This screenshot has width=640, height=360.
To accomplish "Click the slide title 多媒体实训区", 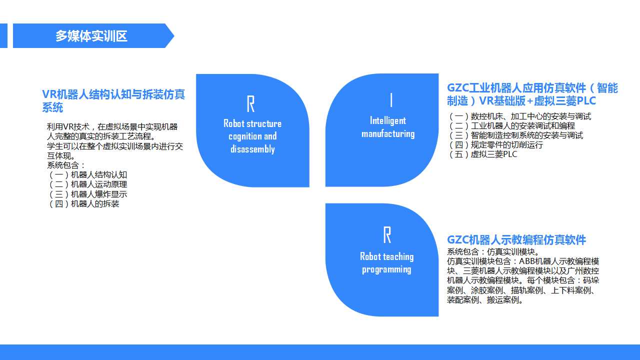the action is click(x=91, y=36).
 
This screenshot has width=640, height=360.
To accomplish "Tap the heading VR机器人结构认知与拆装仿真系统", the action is click(x=113, y=101).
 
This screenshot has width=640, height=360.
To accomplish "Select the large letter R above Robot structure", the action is click(x=250, y=103).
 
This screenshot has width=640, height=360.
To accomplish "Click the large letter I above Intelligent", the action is click(x=391, y=100).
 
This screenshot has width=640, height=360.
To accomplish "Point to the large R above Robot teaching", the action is click(x=387, y=235).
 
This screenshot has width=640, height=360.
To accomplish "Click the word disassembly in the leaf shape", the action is click(x=252, y=149).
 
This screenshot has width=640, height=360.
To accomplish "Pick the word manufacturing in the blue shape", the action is click(x=388, y=133).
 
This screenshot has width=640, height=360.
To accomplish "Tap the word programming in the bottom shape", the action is click(x=386, y=269).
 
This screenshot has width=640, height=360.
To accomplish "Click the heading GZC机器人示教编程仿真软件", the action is click(x=516, y=239).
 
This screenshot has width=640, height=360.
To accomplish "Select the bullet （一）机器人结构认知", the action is click(x=87, y=174).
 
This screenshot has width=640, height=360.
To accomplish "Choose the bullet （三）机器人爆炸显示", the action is click(x=87, y=194).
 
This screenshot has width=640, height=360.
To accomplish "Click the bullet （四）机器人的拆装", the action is click(x=83, y=203).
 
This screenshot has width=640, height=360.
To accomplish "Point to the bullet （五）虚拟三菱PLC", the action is click(x=482, y=154).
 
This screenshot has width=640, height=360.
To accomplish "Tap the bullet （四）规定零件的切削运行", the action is click(x=495, y=145).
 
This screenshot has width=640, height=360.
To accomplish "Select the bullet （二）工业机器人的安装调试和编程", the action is click(x=511, y=125).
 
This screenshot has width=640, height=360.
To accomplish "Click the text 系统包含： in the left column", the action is click(x=66, y=165).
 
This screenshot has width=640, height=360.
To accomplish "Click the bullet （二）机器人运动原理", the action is click(x=87, y=184).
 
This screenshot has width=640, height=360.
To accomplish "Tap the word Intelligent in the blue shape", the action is click(x=388, y=121).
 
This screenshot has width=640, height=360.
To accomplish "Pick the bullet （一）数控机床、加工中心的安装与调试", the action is click(x=519, y=116).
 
